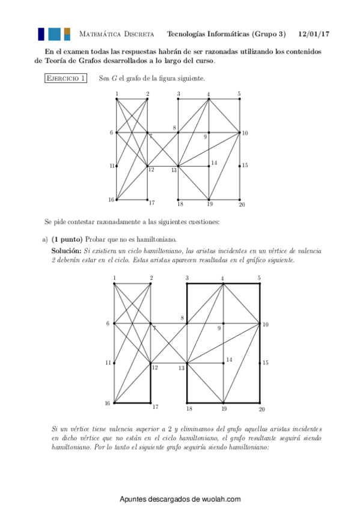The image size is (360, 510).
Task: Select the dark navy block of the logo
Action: point(41,34)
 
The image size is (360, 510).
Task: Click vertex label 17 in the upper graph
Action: point(153,203)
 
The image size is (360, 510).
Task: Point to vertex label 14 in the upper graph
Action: point(213,164)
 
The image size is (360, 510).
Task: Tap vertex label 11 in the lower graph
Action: point(108,363)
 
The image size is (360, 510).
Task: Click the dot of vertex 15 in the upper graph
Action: point(240,165)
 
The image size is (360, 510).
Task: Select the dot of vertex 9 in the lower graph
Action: point(224,324)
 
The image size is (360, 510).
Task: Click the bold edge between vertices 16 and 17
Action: point(132,403)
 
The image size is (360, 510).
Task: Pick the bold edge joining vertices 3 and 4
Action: point(205,283)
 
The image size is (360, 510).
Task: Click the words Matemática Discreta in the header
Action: point(117,34)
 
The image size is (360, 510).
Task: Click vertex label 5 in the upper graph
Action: point(239,94)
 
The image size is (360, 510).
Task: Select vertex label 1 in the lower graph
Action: point(114,277)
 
